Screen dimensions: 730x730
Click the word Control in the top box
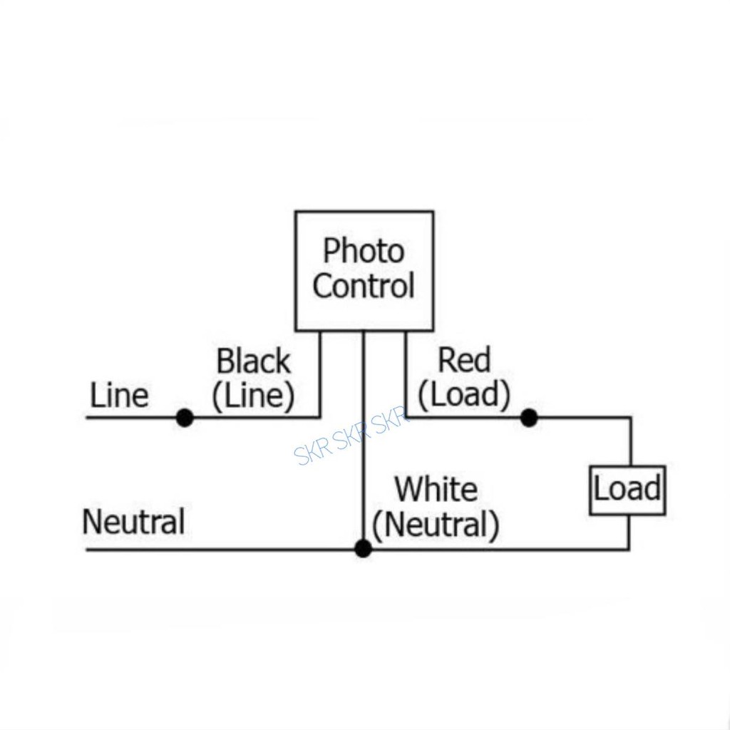364,285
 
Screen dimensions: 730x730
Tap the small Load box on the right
627,490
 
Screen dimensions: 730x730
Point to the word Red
464,360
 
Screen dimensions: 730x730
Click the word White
436,489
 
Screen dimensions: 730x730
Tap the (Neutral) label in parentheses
436,525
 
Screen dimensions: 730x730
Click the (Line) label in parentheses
253,396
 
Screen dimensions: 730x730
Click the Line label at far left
119,396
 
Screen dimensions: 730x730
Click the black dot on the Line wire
185,418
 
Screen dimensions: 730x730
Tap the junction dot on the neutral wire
363,548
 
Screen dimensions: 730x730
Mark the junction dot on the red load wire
529,418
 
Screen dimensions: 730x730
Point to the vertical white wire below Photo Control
363,440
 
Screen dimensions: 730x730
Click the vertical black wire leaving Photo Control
320,374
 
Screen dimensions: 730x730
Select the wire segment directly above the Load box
631,441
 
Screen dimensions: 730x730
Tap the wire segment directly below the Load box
629,532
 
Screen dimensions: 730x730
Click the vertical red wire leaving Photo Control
406,374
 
